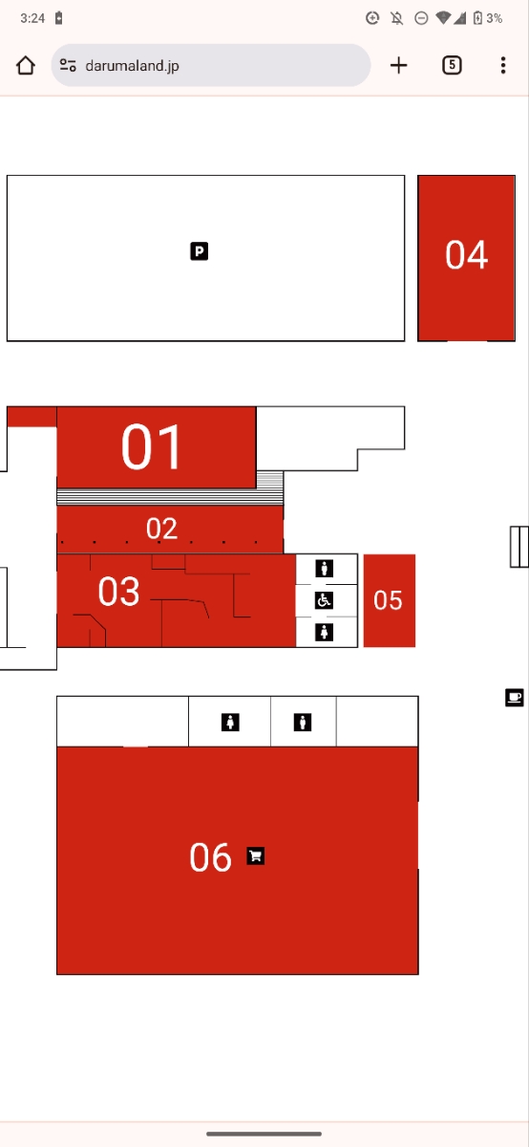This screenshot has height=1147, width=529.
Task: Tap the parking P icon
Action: (x=199, y=250)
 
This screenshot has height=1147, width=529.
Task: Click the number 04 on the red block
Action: (x=466, y=254)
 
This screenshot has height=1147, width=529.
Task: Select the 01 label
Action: (x=151, y=446)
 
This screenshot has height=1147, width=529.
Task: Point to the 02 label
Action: (x=161, y=528)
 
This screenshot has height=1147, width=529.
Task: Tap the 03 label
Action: (x=118, y=591)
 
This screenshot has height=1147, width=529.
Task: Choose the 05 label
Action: (x=388, y=600)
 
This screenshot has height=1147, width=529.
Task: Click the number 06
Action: (x=210, y=857)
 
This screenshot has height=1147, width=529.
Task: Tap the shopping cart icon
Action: (x=256, y=855)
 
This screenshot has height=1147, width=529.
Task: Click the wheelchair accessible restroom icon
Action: (x=324, y=600)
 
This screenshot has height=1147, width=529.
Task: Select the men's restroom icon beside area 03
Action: (x=324, y=569)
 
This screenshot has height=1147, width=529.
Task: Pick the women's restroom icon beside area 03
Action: (x=324, y=632)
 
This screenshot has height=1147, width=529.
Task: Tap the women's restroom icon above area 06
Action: (x=230, y=722)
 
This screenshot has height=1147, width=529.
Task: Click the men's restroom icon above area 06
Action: (x=303, y=722)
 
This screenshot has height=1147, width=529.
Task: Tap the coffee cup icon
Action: (x=514, y=698)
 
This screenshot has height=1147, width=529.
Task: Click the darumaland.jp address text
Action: (x=132, y=66)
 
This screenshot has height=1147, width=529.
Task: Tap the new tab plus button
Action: (x=398, y=66)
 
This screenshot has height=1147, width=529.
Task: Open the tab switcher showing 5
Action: (x=452, y=65)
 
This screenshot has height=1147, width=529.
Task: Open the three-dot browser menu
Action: (x=503, y=65)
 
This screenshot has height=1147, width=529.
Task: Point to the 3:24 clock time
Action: (x=32, y=18)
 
